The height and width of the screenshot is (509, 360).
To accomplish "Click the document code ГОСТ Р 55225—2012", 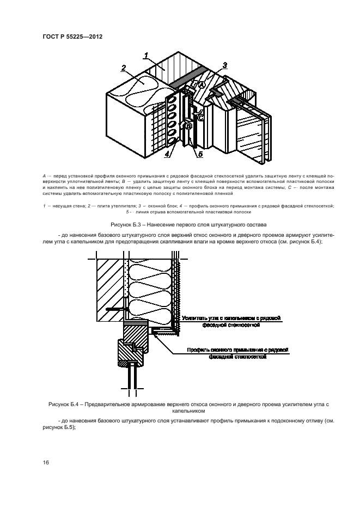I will (x=72, y=37).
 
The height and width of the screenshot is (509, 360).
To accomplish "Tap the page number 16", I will (x=46, y=462).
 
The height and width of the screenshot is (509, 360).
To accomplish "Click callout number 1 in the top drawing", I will (x=147, y=54).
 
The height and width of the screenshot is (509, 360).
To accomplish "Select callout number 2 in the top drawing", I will (x=124, y=68).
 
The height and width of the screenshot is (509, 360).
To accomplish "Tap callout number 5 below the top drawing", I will (x=200, y=154).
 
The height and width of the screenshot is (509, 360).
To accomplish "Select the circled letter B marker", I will (x=189, y=126).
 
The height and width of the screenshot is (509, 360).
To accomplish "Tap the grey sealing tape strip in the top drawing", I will (x=188, y=75).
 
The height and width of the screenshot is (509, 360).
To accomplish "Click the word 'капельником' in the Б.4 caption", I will (x=180, y=412).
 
